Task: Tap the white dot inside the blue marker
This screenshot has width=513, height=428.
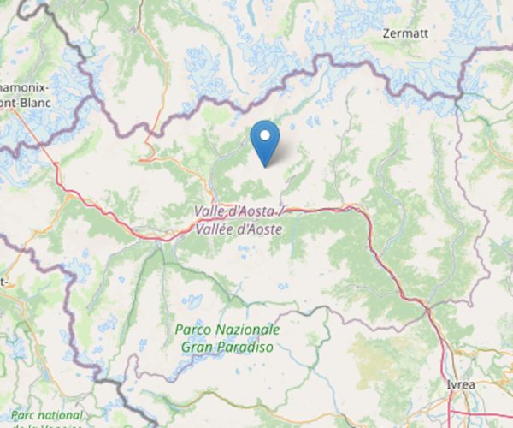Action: tap(266, 135)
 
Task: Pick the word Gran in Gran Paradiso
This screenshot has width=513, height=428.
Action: tap(198, 347)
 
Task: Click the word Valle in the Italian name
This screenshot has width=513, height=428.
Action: tap(210, 211)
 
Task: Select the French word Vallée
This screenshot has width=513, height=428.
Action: tap(215, 228)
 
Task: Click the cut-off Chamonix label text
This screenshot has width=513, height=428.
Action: tap(24, 88)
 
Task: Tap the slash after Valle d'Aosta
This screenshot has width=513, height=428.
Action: tap(282, 211)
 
